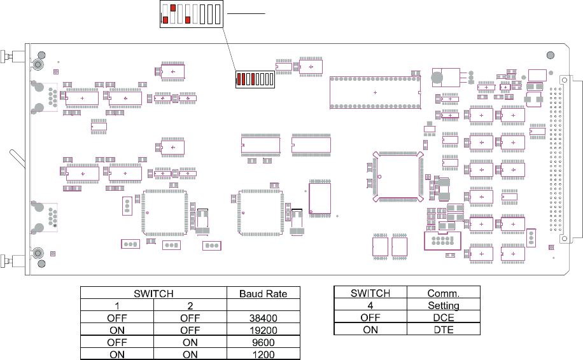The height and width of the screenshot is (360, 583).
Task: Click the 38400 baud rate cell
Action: [x=263, y=317]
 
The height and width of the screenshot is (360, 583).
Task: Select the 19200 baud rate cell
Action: [x=263, y=330]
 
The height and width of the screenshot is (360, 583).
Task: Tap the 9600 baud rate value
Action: [x=263, y=342]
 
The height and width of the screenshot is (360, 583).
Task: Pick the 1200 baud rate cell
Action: [x=263, y=354]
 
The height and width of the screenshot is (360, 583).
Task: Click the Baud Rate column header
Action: [x=263, y=294]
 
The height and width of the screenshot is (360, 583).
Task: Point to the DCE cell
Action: [x=444, y=317]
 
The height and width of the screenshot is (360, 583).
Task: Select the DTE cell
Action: [x=444, y=330]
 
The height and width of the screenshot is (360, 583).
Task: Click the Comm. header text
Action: [x=444, y=293]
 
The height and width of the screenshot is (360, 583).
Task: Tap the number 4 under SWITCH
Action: [x=370, y=305]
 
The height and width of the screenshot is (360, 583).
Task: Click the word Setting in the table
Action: [x=444, y=305]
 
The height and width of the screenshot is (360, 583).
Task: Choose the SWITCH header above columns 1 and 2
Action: [x=153, y=294]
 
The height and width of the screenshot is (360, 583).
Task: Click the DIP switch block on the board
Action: [x=255, y=79]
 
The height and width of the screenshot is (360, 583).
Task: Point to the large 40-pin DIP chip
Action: [x=375, y=92]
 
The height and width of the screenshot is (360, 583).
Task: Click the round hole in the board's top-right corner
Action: [x=551, y=55]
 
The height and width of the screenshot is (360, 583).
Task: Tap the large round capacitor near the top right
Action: [x=437, y=78]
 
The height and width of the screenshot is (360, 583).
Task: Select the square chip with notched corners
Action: [x=398, y=176]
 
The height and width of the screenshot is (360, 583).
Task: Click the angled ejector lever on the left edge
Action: [x=17, y=158]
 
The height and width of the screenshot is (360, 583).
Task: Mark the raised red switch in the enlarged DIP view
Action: [x=173, y=8]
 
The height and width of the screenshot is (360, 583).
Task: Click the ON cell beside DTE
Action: [x=370, y=330]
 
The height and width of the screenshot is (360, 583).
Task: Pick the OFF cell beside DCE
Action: [x=370, y=317]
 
